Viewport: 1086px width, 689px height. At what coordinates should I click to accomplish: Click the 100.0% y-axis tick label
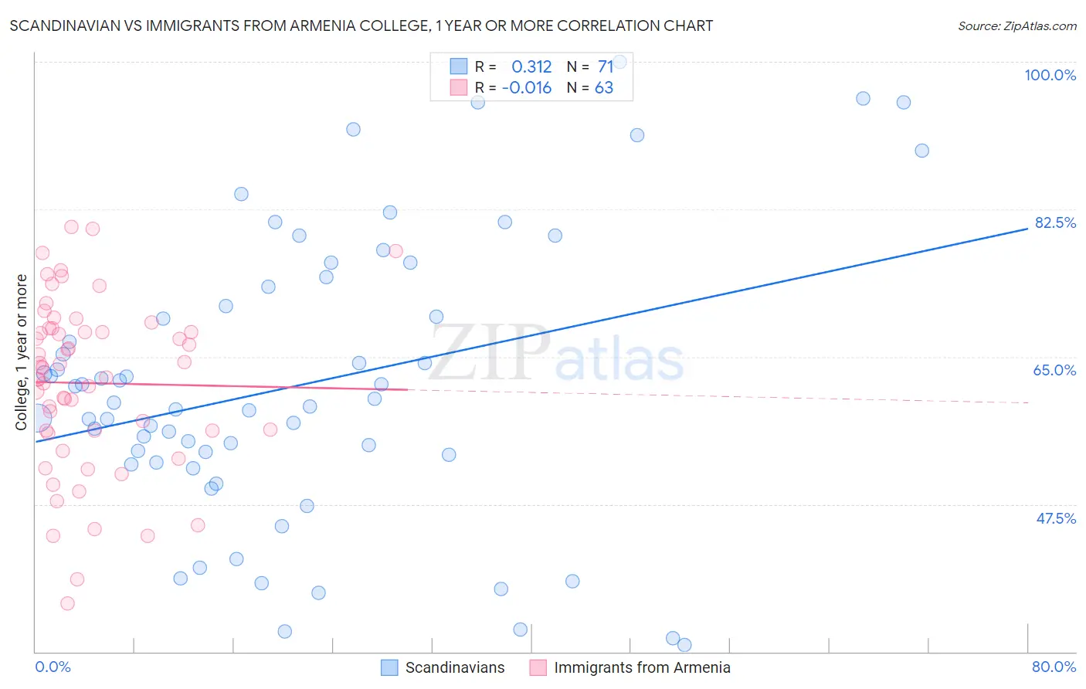click(1050, 75)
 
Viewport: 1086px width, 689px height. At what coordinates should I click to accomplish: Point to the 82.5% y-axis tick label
click(1055, 222)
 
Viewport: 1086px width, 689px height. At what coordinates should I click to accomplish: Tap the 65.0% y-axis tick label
click(1054, 370)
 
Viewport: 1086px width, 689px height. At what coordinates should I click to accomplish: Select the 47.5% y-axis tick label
click(1055, 518)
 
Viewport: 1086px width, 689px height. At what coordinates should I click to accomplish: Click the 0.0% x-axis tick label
click(53, 667)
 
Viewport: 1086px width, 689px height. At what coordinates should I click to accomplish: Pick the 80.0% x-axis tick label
click(1054, 667)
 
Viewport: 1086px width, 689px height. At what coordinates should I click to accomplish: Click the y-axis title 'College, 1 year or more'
click(22, 351)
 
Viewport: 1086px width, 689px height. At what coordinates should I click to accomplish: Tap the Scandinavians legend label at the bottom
click(454, 667)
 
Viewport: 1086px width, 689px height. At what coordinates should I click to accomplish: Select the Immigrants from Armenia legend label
click(642, 667)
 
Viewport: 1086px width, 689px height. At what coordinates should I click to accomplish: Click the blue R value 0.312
click(531, 66)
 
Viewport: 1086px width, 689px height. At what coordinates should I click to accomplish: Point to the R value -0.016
click(527, 87)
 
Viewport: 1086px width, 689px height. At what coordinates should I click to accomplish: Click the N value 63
click(604, 87)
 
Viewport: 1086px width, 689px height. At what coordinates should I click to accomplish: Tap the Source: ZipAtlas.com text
click(1016, 25)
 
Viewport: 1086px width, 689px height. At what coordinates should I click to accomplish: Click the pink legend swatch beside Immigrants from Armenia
click(538, 667)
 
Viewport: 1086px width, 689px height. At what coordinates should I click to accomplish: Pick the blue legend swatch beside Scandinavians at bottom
click(389, 667)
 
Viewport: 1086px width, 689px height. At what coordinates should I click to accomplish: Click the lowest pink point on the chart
click(67, 603)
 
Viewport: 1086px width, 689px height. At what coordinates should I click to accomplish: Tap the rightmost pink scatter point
click(395, 251)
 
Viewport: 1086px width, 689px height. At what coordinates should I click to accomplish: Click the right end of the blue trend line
click(1027, 229)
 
